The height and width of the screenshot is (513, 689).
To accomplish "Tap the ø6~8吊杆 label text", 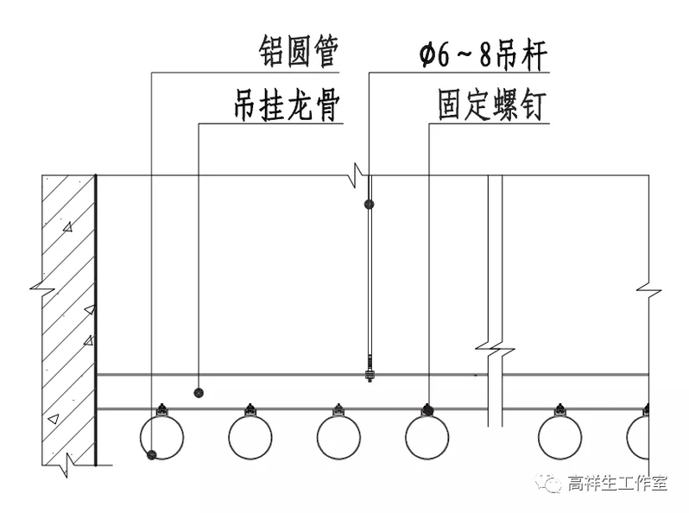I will pos(483,56).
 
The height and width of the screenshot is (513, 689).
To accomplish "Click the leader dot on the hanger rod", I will pos(370,204).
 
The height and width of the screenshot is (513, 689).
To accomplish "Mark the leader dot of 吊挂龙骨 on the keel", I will pos(199,392).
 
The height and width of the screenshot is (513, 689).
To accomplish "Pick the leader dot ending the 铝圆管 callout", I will pos(152,454).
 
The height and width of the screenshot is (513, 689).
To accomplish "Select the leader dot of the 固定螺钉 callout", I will pos(427,408).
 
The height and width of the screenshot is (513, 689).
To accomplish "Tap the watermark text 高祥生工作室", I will pos(617,484).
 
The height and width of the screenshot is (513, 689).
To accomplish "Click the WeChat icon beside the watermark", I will pos(550,484).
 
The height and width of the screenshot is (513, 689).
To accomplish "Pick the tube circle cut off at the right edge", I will pos(639,437).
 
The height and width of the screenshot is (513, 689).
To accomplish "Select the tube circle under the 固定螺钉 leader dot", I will pos(427,437).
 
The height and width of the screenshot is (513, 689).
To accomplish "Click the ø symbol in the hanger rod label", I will pos(427,57).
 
